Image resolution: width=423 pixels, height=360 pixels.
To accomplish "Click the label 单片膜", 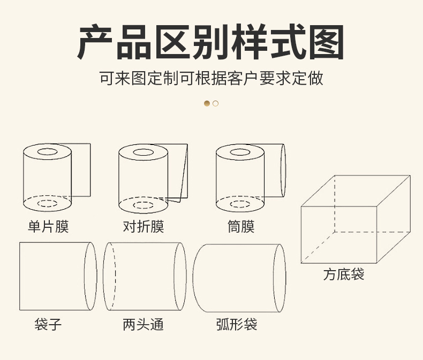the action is pos(48,227).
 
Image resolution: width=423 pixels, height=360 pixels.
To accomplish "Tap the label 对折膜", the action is pos(143,227).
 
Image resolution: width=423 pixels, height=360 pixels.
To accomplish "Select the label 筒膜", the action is pos(241,227).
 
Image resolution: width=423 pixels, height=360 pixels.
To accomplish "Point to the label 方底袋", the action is pos(344,275).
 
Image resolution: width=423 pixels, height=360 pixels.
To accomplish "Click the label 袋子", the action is pos(48,324).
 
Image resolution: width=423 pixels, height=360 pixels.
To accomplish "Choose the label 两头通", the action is pos(143,324).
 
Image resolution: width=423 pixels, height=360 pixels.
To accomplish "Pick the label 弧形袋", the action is pos(237,324).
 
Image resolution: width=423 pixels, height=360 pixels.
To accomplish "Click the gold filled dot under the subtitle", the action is pos(207,103).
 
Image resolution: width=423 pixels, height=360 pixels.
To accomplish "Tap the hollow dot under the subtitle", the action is pos(215,103).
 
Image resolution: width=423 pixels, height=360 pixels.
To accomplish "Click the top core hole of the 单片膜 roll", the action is pos(47,152).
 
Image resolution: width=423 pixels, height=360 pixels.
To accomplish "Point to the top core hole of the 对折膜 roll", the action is pos(143,152).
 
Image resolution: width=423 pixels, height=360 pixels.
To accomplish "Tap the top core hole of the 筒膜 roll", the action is pos(240,152).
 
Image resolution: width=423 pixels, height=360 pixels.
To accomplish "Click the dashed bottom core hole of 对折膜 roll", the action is pos(143,205).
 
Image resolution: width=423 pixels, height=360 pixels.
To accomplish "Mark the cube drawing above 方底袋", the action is pos(355,219).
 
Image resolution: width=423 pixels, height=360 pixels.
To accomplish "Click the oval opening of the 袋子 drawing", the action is pos(90,276).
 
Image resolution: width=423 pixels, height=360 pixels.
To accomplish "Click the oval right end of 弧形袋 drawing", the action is pos(280,278).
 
